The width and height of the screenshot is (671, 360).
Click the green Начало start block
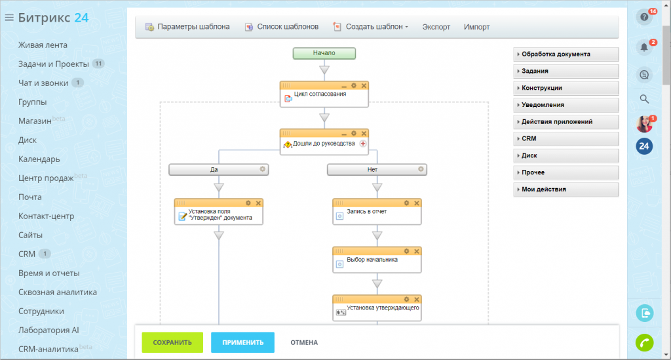[x=324, y=53]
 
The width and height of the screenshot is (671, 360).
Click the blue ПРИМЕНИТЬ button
[x=242, y=342]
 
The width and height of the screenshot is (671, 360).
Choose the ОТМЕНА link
[x=304, y=342]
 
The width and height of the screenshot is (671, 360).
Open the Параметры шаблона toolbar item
[x=187, y=26]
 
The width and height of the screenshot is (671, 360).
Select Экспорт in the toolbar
[x=436, y=27]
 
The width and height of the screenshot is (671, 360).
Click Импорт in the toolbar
[x=477, y=27]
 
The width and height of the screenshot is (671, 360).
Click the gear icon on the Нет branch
[x=421, y=169]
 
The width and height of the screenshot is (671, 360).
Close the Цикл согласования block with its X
[x=364, y=86]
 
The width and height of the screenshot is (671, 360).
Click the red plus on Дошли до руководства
[x=363, y=144]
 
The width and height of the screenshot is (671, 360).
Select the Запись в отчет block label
[x=367, y=211]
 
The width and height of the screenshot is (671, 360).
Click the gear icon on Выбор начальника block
[x=406, y=251]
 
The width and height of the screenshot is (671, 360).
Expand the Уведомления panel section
[x=566, y=105]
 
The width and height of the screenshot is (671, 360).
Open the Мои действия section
[x=566, y=190]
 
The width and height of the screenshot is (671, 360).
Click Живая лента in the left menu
[x=43, y=45]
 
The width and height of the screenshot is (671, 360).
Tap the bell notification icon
[x=644, y=47]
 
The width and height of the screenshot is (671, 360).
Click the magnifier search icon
[x=644, y=99]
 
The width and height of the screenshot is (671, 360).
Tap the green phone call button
[x=645, y=342]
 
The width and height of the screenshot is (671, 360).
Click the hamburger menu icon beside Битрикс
[x=9, y=18]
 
